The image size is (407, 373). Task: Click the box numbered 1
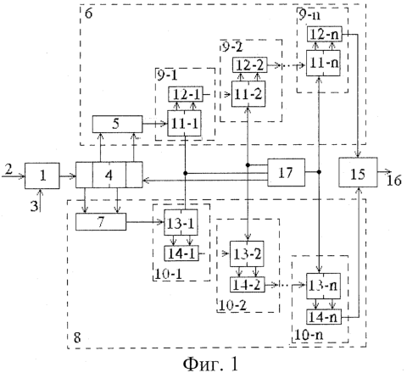[42, 175]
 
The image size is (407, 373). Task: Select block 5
[117, 124]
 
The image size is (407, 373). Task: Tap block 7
[101, 221]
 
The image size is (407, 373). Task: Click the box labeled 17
[286, 172]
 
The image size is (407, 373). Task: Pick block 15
[358, 172]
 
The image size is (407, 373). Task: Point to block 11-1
[184, 123]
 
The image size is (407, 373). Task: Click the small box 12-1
[186, 94]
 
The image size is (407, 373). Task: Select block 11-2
[248, 94]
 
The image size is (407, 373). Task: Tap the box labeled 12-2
[249, 65]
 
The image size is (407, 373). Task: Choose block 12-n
[325, 35]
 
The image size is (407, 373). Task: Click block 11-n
[323, 63]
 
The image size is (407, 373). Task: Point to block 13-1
[181, 222]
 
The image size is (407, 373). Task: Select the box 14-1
[181, 253]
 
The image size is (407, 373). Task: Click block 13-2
[247, 253]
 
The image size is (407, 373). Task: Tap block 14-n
[324, 317]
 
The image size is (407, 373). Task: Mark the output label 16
[394, 181]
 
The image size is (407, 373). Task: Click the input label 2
[8, 170]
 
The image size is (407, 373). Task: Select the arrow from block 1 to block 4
[68, 176]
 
